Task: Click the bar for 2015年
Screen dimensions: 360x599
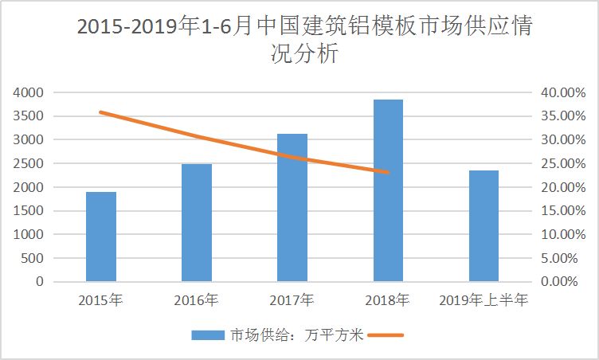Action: pos(101,237)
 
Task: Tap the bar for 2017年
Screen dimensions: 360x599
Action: pos(292,208)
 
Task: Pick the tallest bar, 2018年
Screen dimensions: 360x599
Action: pos(388,190)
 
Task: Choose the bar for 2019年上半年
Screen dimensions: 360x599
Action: pos(484,226)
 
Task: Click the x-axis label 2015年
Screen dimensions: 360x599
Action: pos(101,300)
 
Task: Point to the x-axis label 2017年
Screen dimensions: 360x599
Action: pos(292,300)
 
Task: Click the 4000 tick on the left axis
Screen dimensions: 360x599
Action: pos(29,92)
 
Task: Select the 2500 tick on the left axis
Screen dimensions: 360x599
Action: pos(29,164)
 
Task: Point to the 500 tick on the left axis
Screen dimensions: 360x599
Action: pos(33,259)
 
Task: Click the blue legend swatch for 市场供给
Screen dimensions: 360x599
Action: pos(209,335)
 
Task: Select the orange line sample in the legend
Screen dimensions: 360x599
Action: pos(387,335)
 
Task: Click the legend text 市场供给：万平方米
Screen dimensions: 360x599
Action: pos(296,335)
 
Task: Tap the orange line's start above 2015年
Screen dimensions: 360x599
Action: pos(101,112)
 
